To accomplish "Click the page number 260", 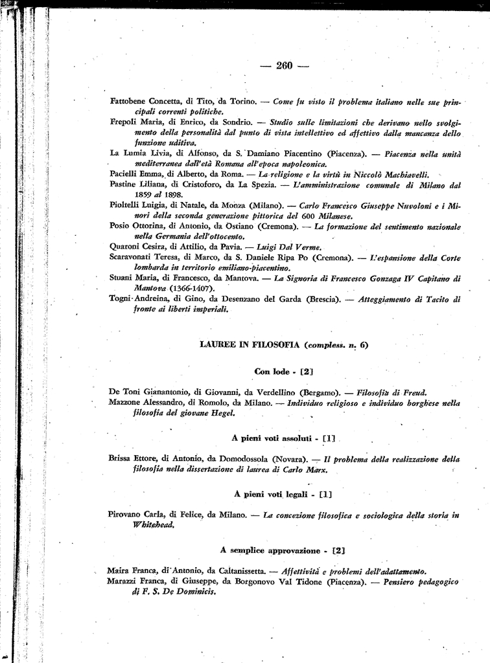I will click(x=285, y=65).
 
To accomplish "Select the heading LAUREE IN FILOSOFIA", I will click(x=250, y=344).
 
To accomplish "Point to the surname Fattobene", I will click(x=128, y=102).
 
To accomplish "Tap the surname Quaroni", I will click(x=126, y=247).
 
